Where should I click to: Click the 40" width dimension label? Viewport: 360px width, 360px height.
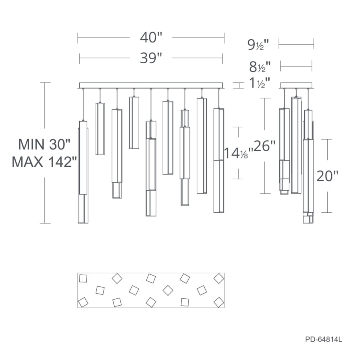coord(151,38)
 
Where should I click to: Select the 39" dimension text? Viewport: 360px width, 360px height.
coord(151,58)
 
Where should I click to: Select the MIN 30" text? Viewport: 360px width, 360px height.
coord(44,144)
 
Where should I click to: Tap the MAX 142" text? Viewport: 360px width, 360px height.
coord(44,162)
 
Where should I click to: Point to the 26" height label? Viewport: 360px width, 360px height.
coord(265,146)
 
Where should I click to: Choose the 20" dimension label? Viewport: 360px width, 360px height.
coord(327,176)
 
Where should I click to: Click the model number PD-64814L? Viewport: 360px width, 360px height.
coord(323,340)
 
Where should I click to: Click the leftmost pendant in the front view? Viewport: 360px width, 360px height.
coord(83,172)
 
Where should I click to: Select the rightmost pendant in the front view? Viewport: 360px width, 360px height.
coord(218,160)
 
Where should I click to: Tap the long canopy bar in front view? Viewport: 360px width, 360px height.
coord(151,85)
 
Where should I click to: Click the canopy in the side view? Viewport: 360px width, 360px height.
coord(296,85)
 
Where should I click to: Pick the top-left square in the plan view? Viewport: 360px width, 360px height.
coord(83,279)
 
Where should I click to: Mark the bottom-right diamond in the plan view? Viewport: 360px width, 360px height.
coord(218,302)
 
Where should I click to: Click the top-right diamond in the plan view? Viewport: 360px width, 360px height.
coord(218,278)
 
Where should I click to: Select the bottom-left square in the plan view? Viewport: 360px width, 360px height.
coord(83,302)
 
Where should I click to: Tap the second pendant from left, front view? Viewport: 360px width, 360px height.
coord(100,129)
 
